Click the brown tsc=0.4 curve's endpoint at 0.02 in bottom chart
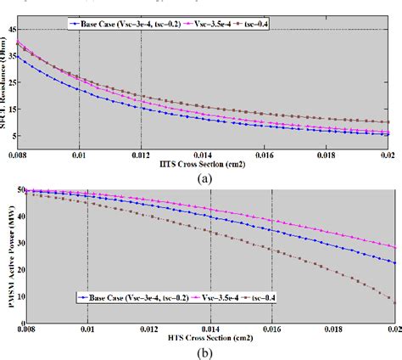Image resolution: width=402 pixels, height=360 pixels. tap(394, 301)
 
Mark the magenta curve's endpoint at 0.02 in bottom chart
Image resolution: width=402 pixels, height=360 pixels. tap(394, 247)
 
